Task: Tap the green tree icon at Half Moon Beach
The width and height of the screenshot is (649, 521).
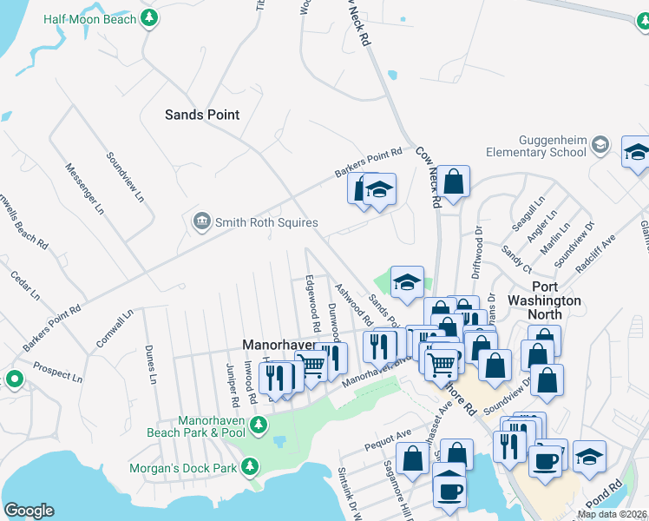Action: [150, 17]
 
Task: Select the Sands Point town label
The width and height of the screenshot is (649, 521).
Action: [202, 115]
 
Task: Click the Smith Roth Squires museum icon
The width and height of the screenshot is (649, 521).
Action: [201, 222]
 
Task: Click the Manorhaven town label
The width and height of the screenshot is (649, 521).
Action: [276, 344]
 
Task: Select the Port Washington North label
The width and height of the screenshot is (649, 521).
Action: [544, 293]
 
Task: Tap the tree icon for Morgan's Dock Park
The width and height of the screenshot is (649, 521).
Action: [250, 467]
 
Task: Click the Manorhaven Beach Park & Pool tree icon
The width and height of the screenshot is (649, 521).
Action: [258, 425]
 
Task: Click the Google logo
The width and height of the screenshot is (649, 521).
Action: [29, 511]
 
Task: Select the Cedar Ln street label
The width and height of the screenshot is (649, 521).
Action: [25, 285]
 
